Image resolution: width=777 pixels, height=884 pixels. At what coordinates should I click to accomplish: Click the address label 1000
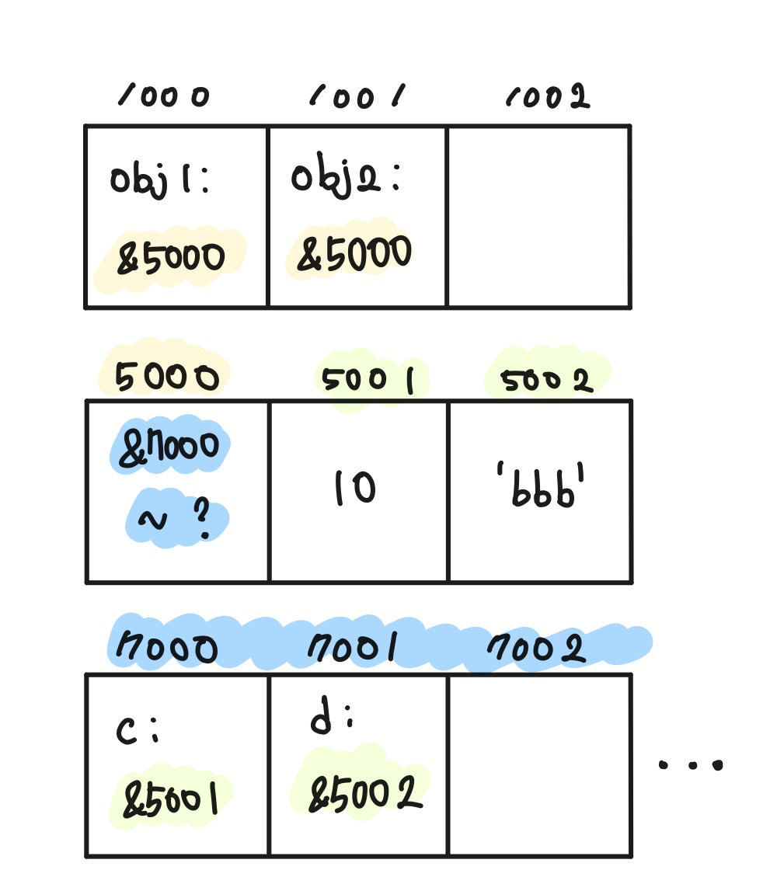(164, 96)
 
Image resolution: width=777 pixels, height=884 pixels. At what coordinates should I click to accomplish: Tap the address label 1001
(357, 96)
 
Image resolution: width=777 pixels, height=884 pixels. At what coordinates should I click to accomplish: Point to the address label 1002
(549, 96)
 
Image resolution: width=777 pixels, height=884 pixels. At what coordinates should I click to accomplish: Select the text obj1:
(159, 183)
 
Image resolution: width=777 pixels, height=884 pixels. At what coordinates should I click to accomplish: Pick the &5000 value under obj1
(171, 259)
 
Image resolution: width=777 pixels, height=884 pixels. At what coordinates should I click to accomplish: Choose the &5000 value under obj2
(354, 254)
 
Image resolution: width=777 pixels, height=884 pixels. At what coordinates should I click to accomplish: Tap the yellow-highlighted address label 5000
(166, 378)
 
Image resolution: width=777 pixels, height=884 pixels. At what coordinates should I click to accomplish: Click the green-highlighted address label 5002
(546, 381)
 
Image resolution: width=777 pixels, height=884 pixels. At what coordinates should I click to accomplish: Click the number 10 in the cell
(355, 489)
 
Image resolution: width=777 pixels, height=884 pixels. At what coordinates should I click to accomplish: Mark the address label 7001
(354, 648)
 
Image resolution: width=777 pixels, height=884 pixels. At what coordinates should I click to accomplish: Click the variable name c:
(137, 731)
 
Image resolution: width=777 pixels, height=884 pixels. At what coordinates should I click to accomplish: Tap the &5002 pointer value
(365, 794)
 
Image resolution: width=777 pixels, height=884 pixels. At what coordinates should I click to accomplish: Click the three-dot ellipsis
(691, 764)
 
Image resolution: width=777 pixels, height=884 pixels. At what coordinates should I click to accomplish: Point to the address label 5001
(366, 381)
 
